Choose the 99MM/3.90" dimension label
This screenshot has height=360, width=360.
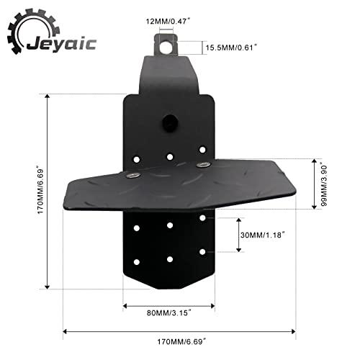pyautogui.click(x=325, y=184)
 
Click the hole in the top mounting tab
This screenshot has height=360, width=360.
pyautogui.click(x=167, y=45)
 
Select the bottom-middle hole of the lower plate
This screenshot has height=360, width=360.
pyautogui.click(x=170, y=258)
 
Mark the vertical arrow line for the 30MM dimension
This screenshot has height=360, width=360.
pyautogui.click(x=239, y=234)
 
